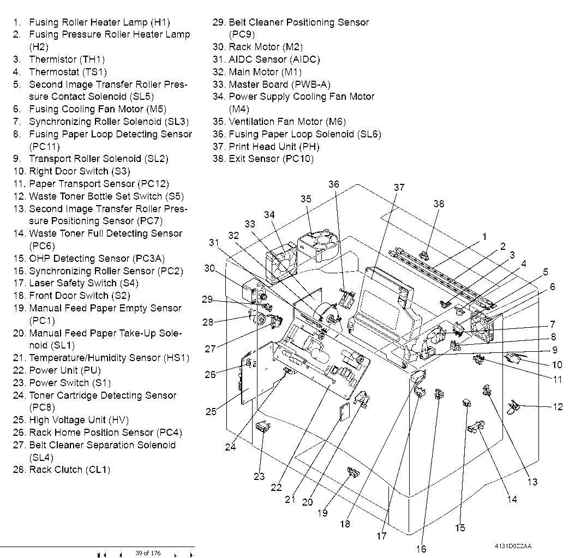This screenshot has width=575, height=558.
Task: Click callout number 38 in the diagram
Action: coord(439,204)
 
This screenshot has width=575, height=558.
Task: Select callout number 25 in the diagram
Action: coord(211,412)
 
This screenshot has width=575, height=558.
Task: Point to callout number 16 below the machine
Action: coord(421,549)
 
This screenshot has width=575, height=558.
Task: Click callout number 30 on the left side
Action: coord(210,268)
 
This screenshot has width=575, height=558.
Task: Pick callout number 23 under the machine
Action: coord(259,476)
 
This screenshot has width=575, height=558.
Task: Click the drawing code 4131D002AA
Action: coord(513,546)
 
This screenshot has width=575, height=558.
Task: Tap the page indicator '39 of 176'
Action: coord(148,554)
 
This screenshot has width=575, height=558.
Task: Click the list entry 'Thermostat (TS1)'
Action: coord(68,71)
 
